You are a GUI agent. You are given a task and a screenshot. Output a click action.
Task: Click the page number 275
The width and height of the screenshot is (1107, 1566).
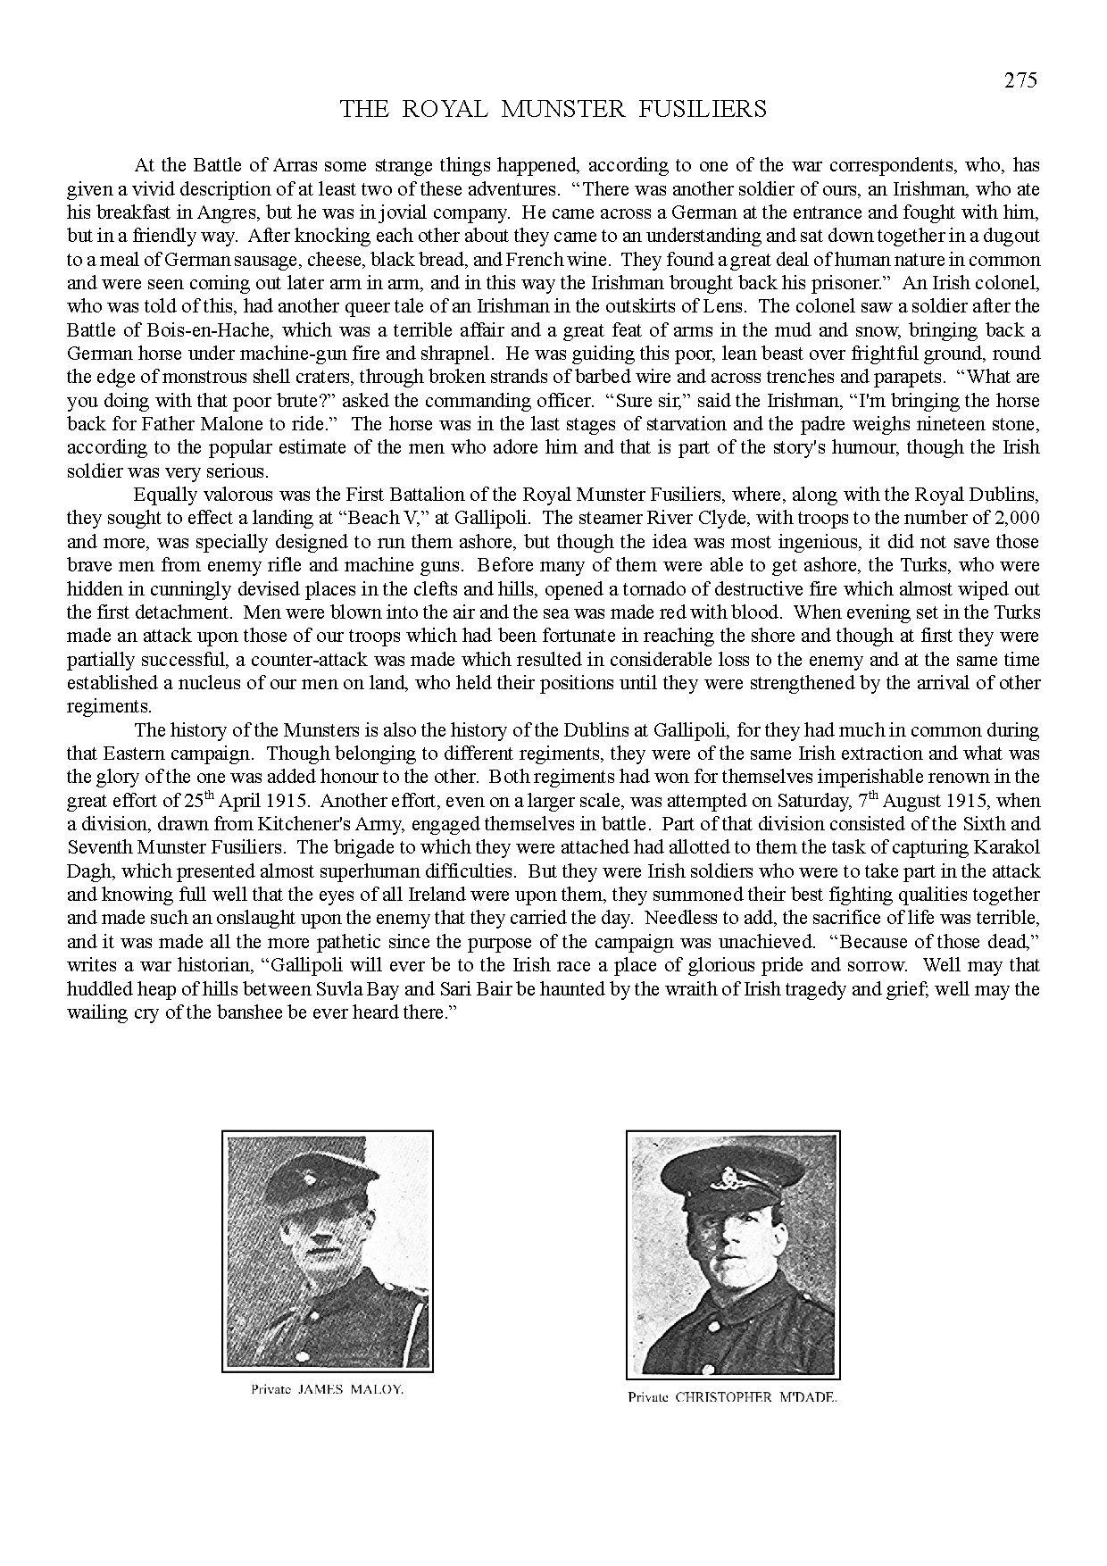point(1020,80)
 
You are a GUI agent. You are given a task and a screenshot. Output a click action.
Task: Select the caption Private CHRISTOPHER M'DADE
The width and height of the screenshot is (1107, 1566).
point(732,1398)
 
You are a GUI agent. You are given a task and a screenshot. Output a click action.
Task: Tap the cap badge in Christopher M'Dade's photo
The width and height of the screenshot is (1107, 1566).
point(720,1187)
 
